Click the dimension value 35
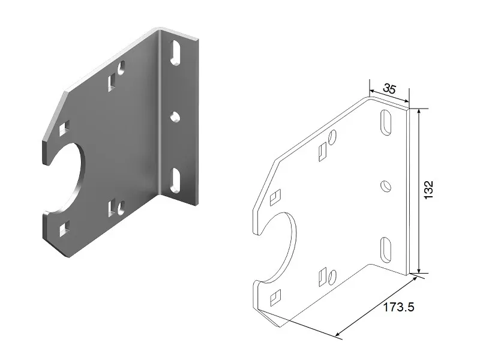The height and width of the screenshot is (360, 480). point(389,89)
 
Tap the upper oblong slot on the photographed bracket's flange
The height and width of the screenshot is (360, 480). point(175,52)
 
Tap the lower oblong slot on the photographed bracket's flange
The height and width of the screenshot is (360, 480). point(175,180)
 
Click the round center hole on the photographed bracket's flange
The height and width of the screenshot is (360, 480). point(175,116)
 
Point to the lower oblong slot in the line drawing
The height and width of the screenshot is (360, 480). point(385,248)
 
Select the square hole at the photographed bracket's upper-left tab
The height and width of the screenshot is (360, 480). point(64,127)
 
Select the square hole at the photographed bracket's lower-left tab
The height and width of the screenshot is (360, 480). point(64,227)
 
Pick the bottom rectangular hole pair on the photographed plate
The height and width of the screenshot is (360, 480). point(116,208)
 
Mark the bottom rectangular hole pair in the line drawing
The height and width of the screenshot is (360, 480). point(327,277)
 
